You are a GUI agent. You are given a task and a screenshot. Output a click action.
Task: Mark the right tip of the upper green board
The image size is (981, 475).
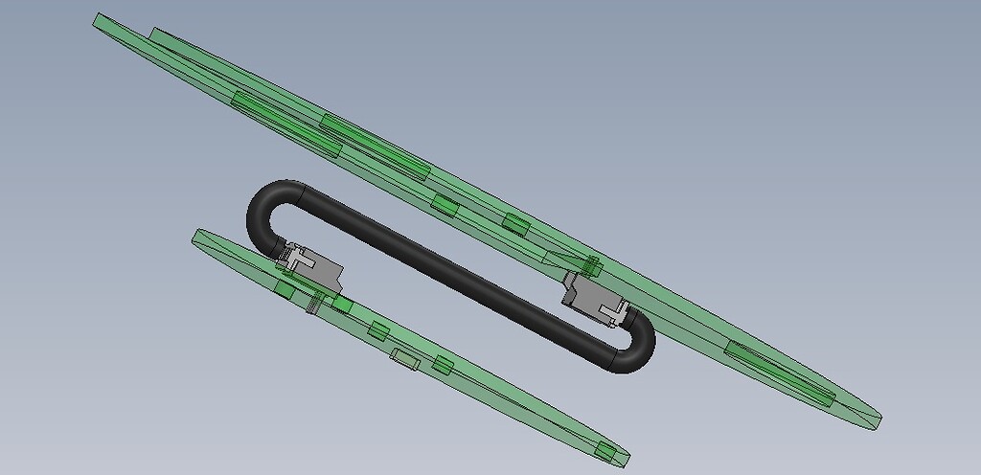click(877, 418)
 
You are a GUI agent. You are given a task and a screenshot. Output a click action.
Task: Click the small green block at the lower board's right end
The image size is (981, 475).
click(605, 451)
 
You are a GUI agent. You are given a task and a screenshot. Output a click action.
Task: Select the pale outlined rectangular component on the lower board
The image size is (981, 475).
click(404, 358)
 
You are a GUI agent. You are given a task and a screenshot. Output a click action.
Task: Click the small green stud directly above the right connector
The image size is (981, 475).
click(591, 264)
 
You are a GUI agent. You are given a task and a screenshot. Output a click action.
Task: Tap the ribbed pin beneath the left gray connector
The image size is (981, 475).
click(312, 304)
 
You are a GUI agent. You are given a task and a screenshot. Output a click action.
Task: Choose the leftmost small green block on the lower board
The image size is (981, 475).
click(285, 287)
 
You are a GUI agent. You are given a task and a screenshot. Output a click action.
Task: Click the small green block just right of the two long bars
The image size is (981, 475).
click(443, 204)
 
